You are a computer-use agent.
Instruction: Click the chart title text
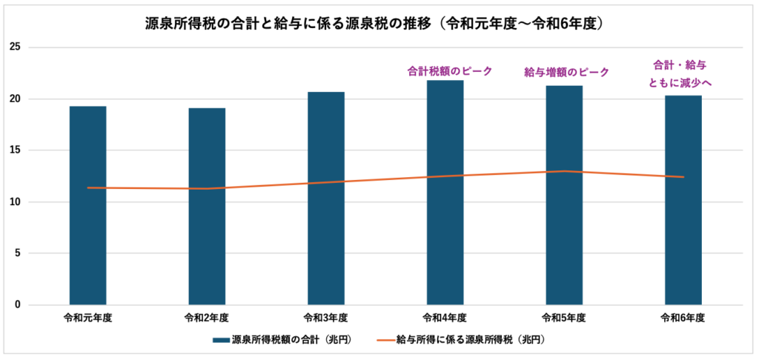tap(378, 24)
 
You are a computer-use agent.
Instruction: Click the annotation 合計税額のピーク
tap(445, 72)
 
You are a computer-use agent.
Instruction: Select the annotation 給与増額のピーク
tap(566, 72)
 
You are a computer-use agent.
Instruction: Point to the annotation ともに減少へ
tap(680, 83)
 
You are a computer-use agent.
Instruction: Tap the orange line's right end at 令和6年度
tap(683, 177)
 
